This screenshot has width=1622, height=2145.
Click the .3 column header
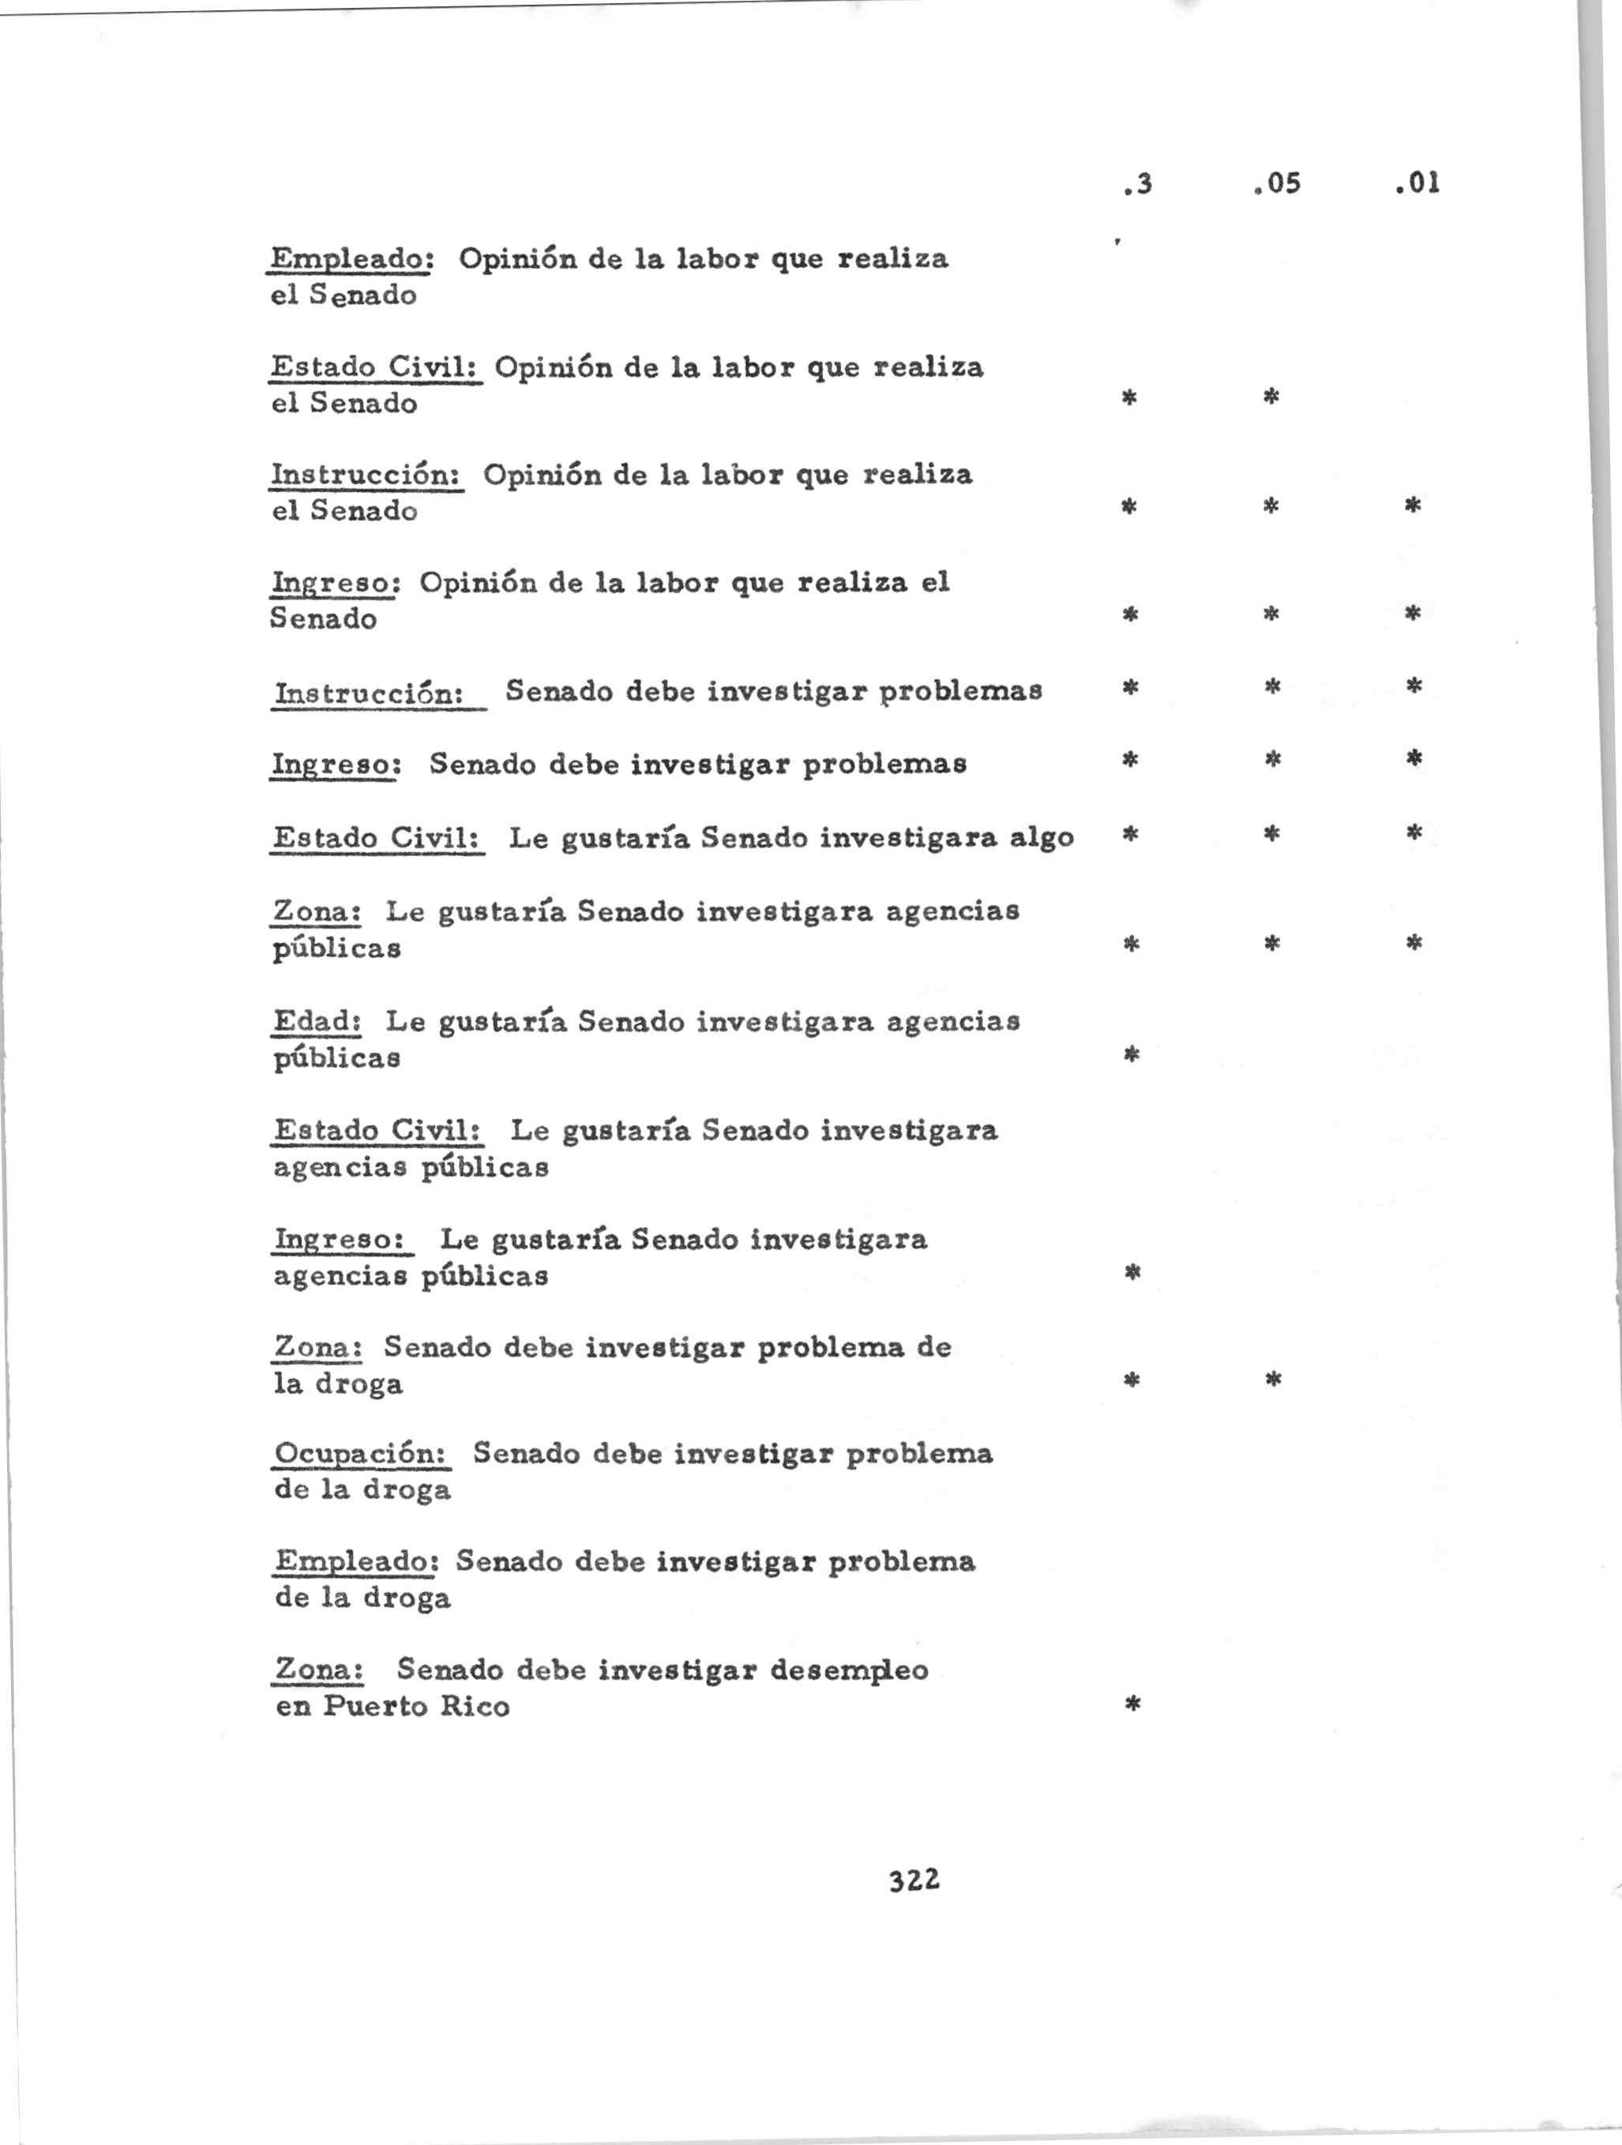(1138, 183)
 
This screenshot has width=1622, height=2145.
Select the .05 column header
(1276, 183)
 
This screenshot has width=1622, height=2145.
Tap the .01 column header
(1417, 183)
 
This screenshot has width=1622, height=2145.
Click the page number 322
(914, 1880)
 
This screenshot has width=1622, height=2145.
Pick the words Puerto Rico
(416, 1707)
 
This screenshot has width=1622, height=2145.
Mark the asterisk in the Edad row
(1131, 1054)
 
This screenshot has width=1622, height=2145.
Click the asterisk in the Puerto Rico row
(1132, 1704)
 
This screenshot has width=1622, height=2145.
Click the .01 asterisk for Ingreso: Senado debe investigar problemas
(1414, 758)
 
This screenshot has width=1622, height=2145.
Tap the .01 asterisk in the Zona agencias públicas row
(1414, 941)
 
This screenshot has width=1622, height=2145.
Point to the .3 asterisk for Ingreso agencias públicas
(1132, 1272)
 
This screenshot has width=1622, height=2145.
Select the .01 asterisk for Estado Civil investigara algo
(1414, 832)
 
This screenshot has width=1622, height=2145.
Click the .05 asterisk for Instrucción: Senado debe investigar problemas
(1273, 686)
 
